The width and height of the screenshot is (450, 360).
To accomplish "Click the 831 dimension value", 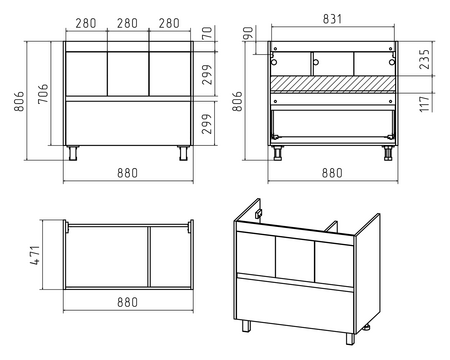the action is pos(332,19).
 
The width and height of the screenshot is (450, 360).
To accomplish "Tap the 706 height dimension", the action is pos(43,94).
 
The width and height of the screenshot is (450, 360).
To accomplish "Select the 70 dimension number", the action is pos(207,33).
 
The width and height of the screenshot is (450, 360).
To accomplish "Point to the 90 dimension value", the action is pos(248,33).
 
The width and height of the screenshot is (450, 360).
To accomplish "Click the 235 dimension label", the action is pos(424,59).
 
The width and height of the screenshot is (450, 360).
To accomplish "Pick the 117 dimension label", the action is pos(424,104).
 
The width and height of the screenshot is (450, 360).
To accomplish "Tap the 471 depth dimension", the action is pos(35,255).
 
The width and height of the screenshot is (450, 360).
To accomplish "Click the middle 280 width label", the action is pos(127,23).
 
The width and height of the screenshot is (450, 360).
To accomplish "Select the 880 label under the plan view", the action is pos(127,302).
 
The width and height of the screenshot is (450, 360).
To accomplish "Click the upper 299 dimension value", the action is pos(207,75).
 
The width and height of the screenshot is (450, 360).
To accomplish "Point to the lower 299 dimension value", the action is pos(207,124).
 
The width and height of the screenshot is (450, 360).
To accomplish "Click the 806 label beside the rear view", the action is pos(237,101).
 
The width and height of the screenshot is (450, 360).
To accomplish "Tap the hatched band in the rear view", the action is pos(333,83).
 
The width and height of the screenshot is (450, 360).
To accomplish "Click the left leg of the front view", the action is pos(73,153).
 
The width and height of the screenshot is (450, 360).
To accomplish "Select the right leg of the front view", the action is pos(183,153).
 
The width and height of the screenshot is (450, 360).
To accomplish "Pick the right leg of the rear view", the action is pos(388,153).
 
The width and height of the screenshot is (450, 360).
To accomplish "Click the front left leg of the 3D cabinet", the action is pos(246,326).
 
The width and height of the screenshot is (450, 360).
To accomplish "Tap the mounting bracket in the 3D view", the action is pos(258,214).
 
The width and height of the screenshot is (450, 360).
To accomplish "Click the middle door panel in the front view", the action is pos(128,74).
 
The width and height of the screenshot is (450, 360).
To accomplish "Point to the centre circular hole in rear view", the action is pos(316,62).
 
